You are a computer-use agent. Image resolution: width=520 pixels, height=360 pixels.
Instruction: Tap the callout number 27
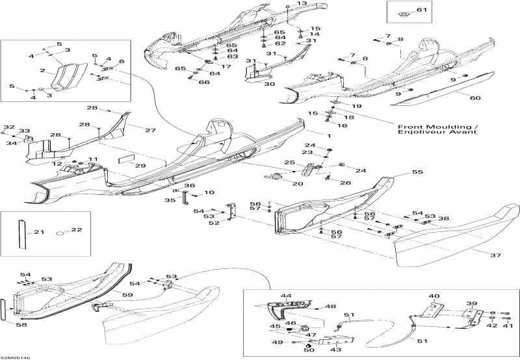pyautogui.click(x=150, y=131)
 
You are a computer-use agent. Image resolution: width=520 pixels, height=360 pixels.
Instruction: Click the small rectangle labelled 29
pyautogui.click(x=125, y=158)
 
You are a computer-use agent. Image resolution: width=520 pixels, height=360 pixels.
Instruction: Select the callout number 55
pyautogui.click(x=417, y=174)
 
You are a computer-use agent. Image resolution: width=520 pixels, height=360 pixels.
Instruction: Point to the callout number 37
pyautogui.click(x=495, y=255)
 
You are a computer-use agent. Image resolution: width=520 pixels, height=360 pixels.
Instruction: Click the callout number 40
pyautogui.click(x=434, y=296)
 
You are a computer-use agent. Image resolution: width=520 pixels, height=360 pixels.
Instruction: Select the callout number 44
pyautogui.click(x=286, y=296)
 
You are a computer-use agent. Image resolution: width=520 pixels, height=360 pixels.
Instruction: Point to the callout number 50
pyautogui.click(x=308, y=350)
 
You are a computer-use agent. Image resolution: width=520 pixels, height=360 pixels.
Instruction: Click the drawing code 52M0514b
pyautogui.click(x=16, y=356)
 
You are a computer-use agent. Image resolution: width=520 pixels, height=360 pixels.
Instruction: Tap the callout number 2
pyautogui.click(x=42, y=71)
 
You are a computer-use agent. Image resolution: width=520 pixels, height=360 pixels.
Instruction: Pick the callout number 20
pyautogui.click(x=298, y=184)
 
